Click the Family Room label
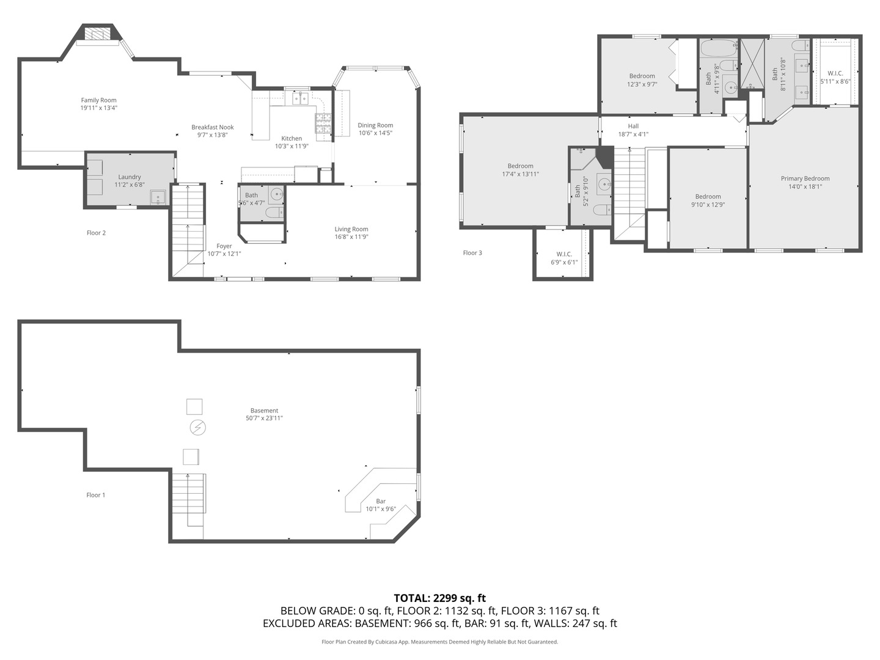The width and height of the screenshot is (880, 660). click(98, 100)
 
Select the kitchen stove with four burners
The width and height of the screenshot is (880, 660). click(323, 123)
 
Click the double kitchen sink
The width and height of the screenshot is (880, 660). click(299, 98)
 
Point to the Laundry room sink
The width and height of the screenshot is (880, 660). click(158, 197)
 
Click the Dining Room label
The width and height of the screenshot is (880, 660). click(375, 125)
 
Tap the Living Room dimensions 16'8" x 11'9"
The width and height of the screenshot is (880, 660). click(351, 237)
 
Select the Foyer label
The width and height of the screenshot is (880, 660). click(224, 246)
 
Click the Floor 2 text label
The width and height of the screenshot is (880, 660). click(96, 233)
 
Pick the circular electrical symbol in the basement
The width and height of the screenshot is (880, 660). click(197, 427)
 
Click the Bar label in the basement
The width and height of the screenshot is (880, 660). click(381, 501)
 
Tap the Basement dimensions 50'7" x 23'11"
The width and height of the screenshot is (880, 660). click(264, 419)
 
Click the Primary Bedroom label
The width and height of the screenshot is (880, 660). click(805, 179)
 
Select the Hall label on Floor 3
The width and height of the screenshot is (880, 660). click(633, 127)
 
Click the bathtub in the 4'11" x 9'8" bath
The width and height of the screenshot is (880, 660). click(719, 48)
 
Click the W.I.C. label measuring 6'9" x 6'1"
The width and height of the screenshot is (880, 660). click(563, 254)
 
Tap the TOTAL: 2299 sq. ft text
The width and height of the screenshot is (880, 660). click(439, 598)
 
